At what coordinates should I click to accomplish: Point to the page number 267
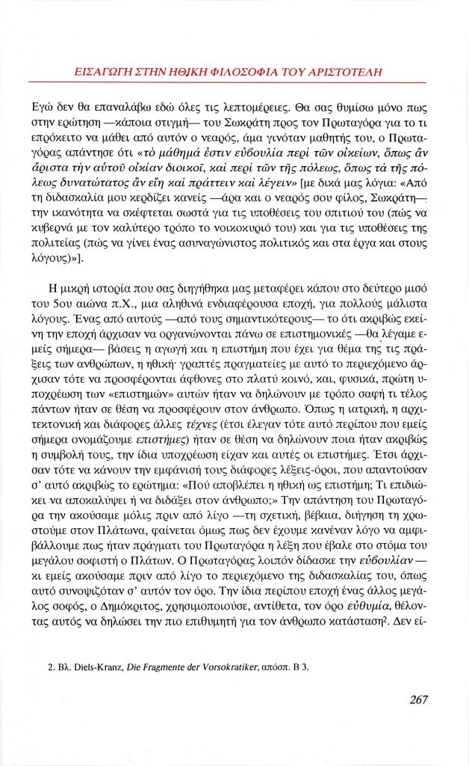point(423,701)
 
